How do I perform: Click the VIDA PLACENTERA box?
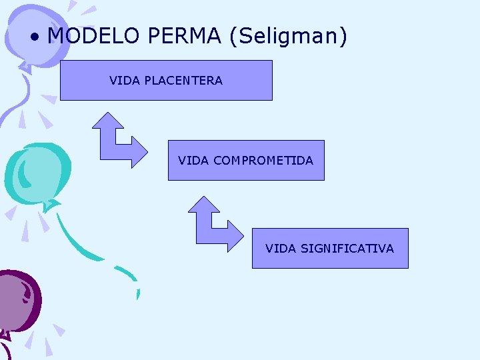point(166,81)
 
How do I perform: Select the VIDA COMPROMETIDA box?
point(245,161)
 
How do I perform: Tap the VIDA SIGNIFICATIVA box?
point(329,249)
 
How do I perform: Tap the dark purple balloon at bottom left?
point(18,300)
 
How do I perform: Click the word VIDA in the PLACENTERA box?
point(123,81)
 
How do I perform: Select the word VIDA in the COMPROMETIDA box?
point(193,161)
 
